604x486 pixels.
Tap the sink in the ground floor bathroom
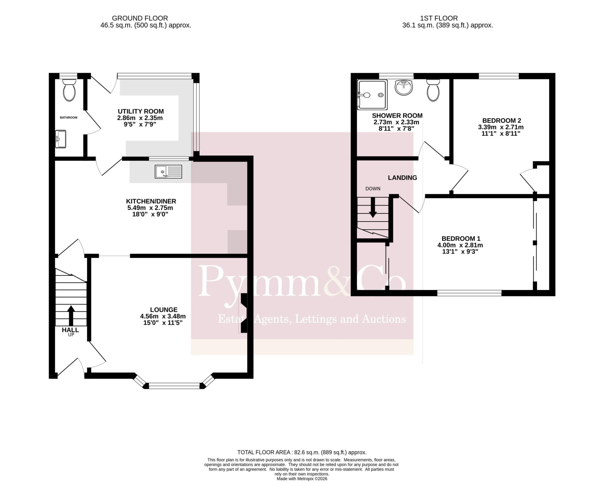pos(60,139)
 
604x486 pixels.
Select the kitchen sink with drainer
pos(168,172)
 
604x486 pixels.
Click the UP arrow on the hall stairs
pos(71,315)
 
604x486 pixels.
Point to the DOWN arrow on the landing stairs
pos(373,207)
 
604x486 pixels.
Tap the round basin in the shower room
pos(404,88)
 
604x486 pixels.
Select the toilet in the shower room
pos(433,90)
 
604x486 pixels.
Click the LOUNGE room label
pos(164,310)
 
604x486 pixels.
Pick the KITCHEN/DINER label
pos(151,201)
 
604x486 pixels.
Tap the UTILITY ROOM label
pos(141,111)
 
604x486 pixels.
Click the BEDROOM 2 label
pos(502,120)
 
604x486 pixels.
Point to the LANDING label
pos(402,178)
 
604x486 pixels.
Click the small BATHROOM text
pos(68,117)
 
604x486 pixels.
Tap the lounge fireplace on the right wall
pos(244,313)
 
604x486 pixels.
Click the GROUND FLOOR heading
pos(140,18)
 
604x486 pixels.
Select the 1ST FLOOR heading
pos(439,18)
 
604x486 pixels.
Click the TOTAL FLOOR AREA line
pos(302,460)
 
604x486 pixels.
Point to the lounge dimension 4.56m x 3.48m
pos(163,316)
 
